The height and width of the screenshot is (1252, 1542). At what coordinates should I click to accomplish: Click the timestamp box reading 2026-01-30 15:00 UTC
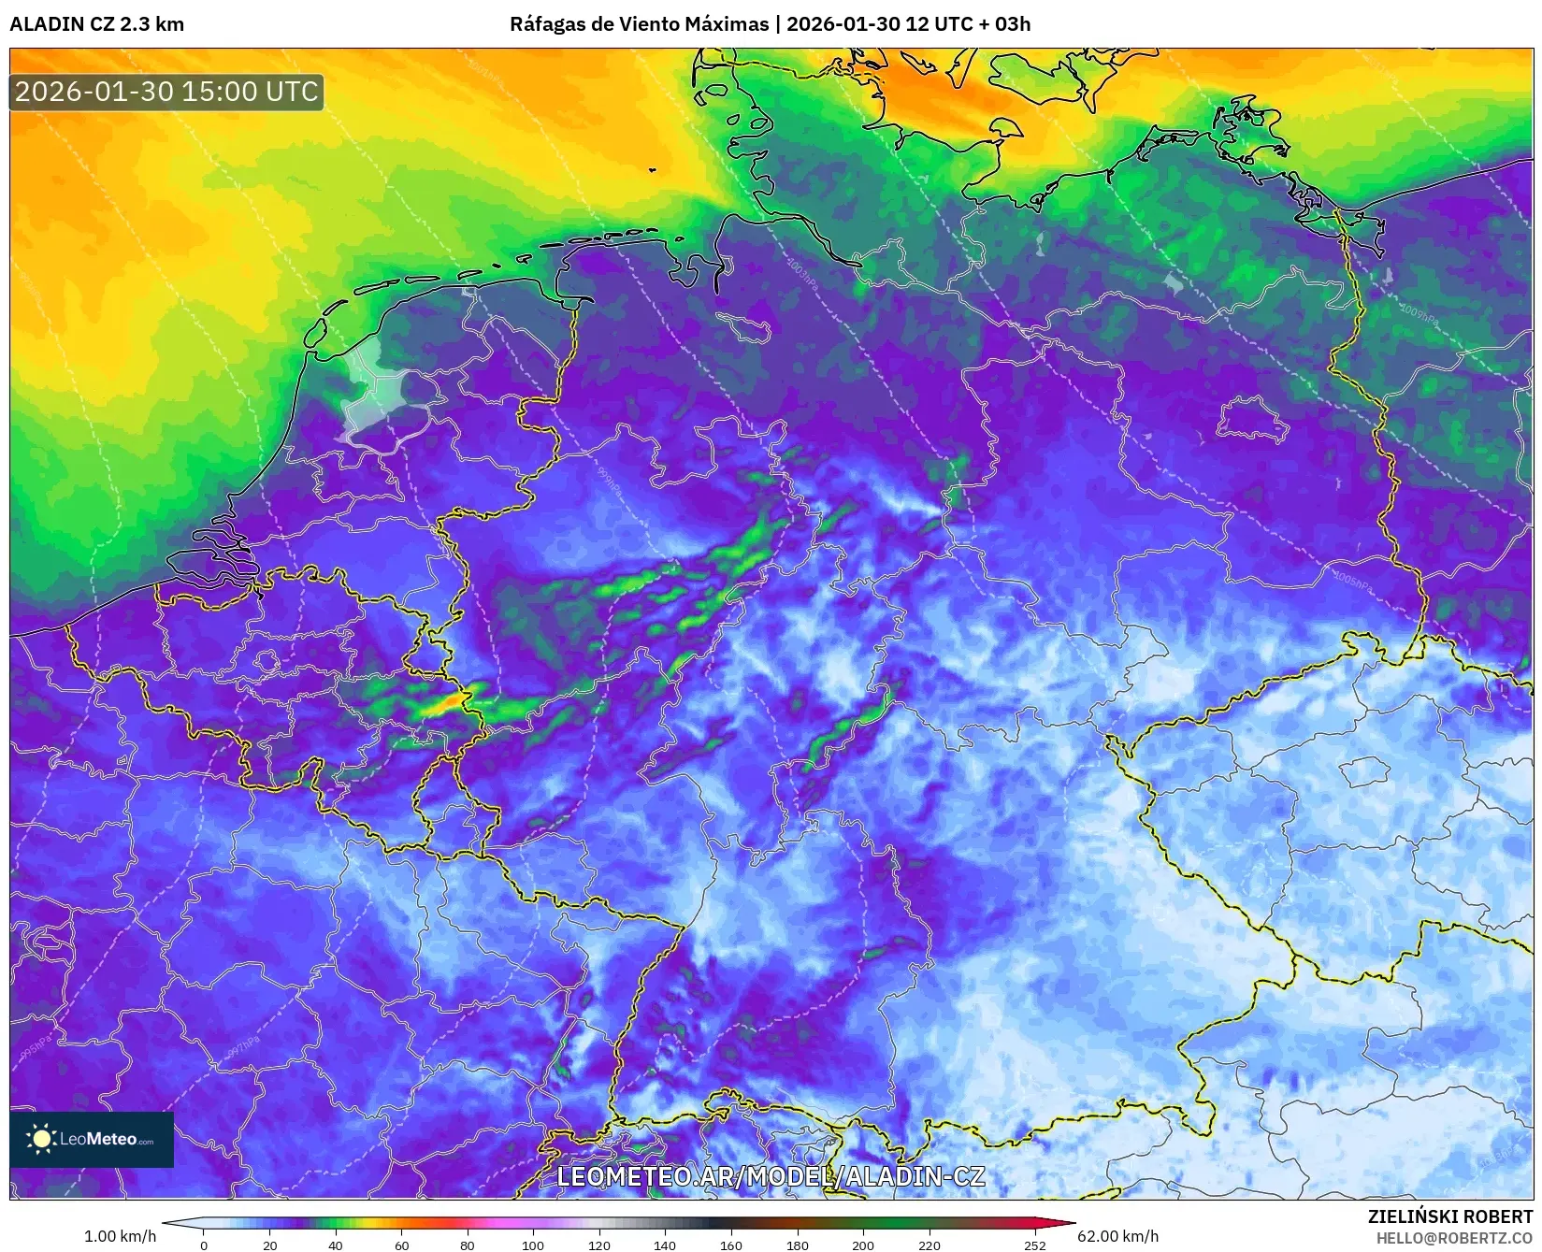tap(166, 92)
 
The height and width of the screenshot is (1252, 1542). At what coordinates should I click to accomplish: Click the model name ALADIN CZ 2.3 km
tap(96, 24)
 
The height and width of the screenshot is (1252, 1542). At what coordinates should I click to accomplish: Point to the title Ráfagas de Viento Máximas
tap(639, 24)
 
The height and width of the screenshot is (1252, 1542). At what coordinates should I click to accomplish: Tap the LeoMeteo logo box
tap(92, 1139)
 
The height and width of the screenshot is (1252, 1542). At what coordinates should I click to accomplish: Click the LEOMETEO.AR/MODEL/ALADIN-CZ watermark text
tap(771, 1176)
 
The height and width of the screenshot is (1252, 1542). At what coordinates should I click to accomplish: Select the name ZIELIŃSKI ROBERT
tap(1450, 1216)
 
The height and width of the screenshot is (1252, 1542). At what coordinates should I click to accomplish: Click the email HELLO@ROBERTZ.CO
tap(1454, 1238)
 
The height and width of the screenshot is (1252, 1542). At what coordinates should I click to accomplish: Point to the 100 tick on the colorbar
tap(533, 1245)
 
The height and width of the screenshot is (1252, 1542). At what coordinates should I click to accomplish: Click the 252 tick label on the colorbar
tap(1034, 1245)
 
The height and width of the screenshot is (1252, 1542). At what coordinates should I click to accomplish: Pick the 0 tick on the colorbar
tap(204, 1245)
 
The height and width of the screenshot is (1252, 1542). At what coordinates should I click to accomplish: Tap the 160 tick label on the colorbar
tap(731, 1245)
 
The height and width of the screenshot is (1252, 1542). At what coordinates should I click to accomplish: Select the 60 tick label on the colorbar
tap(401, 1245)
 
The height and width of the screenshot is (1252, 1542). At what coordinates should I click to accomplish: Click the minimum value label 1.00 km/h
tap(120, 1236)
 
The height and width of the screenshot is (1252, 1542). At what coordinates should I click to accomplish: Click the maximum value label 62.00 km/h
tap(1117, 1236)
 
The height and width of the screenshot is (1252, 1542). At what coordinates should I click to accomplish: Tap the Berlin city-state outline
tap(1251, 418)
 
